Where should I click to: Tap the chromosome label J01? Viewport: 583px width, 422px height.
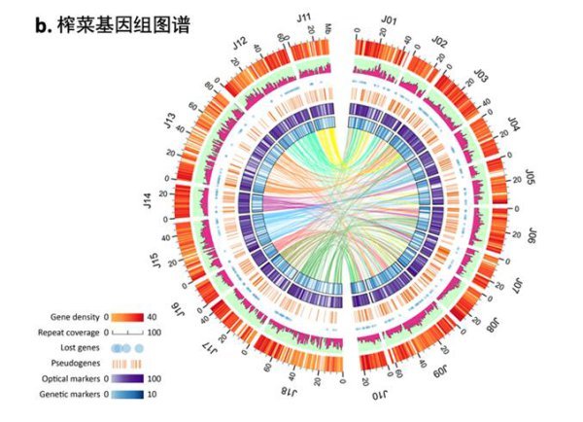click(x=390, y=18)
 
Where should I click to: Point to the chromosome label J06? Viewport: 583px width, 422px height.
click(x=531, y=234)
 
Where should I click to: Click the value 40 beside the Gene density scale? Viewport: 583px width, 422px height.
click(x=151, y=317)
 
